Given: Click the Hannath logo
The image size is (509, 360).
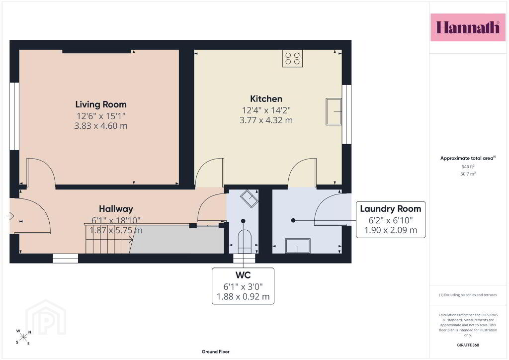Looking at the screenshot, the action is (468, 27).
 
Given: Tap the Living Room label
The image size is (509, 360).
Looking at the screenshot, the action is (101, 104).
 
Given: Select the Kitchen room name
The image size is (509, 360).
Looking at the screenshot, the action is (266, 98).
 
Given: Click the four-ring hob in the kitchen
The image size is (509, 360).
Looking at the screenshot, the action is (292, 59).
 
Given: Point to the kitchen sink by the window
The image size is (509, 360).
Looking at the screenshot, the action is (334, 112).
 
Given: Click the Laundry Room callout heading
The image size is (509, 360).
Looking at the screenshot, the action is (391, 209).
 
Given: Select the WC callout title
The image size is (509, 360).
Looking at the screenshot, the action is (243, 275).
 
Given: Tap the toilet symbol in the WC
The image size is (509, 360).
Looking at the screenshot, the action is (245, 242).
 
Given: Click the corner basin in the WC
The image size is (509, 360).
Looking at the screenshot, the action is (249, 198).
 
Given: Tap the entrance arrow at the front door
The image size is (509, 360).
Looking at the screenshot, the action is (10, 215).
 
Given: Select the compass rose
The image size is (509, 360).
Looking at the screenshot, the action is (23, 337).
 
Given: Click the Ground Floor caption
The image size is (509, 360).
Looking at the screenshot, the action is (216, 352).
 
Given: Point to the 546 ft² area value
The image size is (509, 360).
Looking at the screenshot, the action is (468, 167).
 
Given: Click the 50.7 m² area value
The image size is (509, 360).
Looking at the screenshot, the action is (468, 174).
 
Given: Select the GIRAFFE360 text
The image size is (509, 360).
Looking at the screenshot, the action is (468, 345).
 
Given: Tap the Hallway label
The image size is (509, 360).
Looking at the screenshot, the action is (116, 209).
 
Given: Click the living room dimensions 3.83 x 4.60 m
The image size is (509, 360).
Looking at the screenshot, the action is (101, 126).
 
